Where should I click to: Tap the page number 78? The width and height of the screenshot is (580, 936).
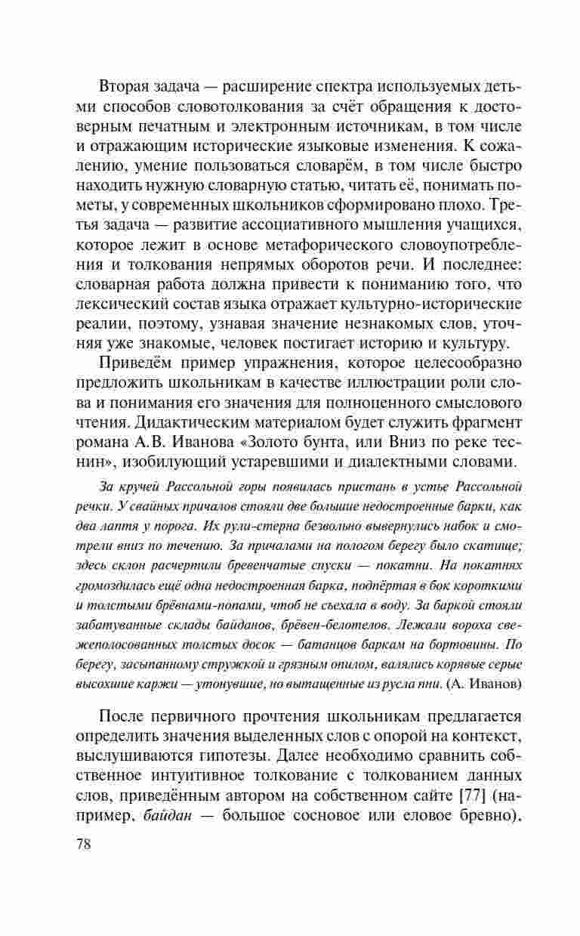[x=83, y=844]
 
